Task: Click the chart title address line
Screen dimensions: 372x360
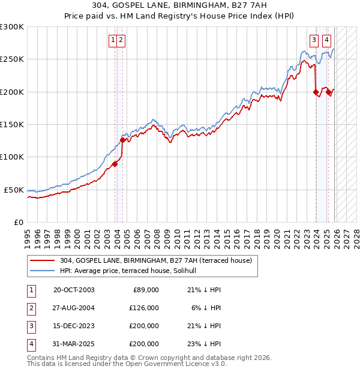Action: [x=180, y=5]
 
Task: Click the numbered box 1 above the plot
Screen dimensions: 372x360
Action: [x=113, y=40]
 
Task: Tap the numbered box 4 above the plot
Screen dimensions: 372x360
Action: [x=326, y=40]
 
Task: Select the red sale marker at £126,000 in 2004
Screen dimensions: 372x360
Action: [x=122, y=140]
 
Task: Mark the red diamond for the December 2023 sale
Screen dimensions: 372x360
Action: [x=316, y=92]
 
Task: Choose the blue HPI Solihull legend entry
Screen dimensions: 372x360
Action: [x=132, y=271]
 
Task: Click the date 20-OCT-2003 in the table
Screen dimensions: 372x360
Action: [x=74, y=290]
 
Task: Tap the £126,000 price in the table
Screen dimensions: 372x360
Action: [x=144, y=308]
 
